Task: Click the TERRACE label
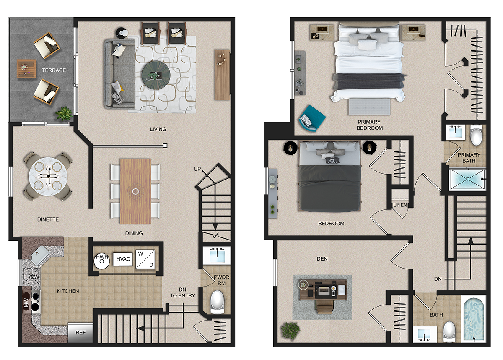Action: pyautogui.click(x=54, y=70)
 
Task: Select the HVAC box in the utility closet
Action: pyautogui.click(x=123, y=259)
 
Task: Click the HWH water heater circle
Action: pyautogui.click(x=102, y=261)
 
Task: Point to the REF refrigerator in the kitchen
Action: pyautogui.click(x=80, y=333)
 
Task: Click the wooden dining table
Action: pyautogui.click(x=136, y=191)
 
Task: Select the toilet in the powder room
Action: pyautogui.click(x=218, y=302)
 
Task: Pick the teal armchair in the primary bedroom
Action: pyautogui.click(x=312, y=118)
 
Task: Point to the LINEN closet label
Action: pyautogui.click(x=400, y=205)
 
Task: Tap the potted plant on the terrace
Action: pyautogui.click(x=64, y=114)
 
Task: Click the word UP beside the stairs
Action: pyautogui.click(x=197, y=169)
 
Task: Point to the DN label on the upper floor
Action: pyautogui.click(x=438, y=279)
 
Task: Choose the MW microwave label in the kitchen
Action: pyautogui.click(x=26, y=302)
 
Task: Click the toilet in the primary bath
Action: pyautogui.click(x=476, y=135)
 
